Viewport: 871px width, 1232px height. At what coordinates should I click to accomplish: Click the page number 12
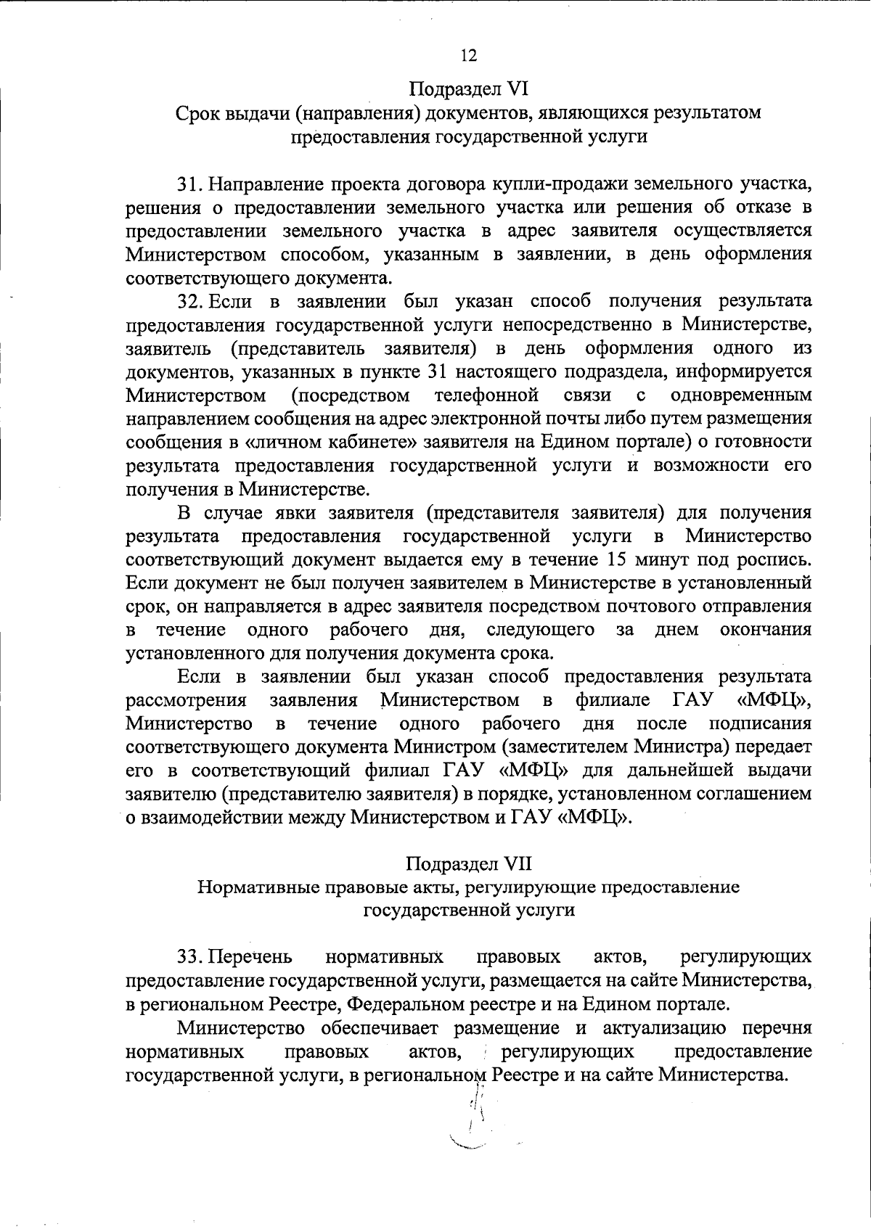coord(468,56)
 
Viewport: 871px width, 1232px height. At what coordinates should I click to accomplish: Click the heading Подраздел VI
coord(468,90)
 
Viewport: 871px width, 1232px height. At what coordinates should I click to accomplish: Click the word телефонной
coord(486,395)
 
